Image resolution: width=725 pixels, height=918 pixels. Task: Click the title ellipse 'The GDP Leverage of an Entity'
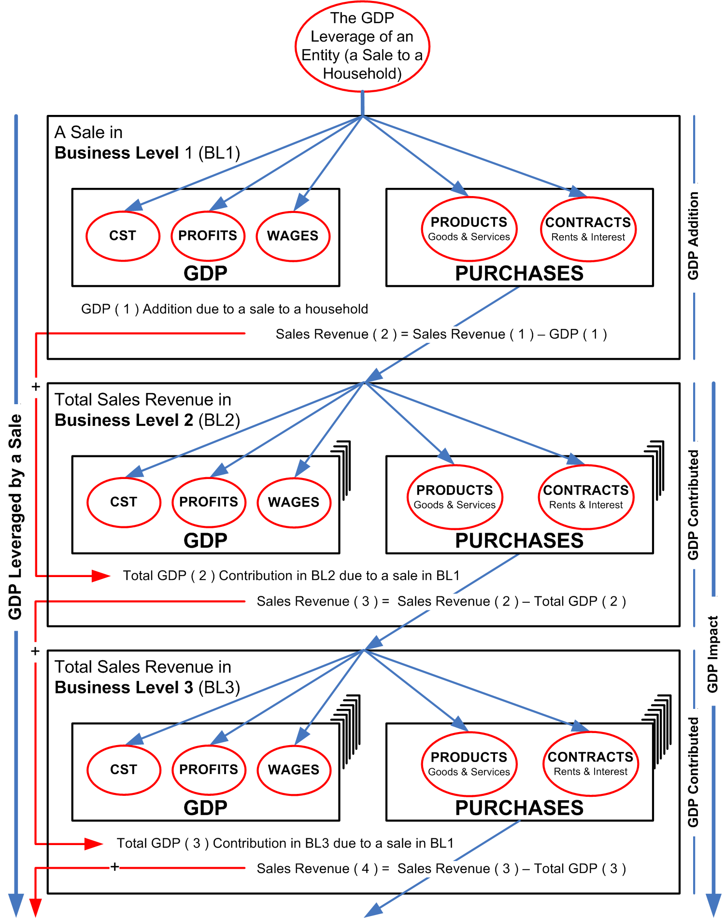click(362, 46)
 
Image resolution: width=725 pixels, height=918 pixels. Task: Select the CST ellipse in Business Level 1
click(123, 236)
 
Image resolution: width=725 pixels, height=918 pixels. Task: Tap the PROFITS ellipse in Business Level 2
click(209, 502)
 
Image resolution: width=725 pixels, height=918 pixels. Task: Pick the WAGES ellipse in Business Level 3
click(294, 770)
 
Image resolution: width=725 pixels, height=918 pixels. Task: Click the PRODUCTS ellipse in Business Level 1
click(469, 229)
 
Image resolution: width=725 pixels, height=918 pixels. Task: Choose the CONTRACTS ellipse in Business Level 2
click(586, 497)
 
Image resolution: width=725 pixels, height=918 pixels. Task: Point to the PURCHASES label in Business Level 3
click(519, 808)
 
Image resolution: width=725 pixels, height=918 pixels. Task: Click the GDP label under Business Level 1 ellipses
click(205, 273)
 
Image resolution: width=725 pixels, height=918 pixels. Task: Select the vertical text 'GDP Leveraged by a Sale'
click(15, 517)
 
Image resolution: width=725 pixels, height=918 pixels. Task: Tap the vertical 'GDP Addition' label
click(694, 236)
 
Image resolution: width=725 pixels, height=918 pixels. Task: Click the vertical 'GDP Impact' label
click(713, 654)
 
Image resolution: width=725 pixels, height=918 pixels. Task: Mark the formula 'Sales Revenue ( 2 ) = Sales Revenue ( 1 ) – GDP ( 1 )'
click(441, 334)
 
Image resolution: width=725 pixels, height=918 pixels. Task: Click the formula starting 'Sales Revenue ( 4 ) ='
click(441, 869)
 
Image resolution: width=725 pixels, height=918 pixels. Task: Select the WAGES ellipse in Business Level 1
click(293, 236)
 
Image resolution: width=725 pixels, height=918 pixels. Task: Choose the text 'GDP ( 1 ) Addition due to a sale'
click(224, 309)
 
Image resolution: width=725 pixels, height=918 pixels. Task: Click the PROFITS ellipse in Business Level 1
click(208, 236)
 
